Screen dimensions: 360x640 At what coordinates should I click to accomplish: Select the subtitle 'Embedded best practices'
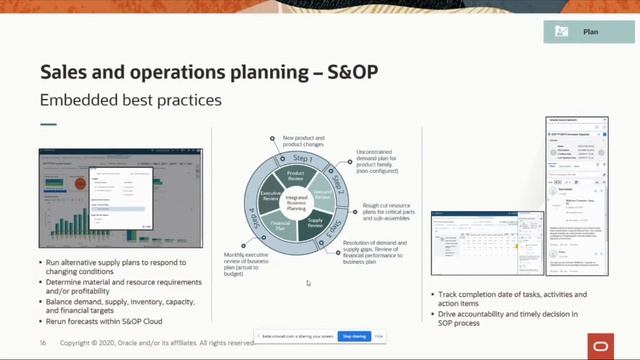pyautogui.click(x=130, y=100)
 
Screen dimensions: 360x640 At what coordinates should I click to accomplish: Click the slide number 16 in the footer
pyautogui.click(x=43, y=342)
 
